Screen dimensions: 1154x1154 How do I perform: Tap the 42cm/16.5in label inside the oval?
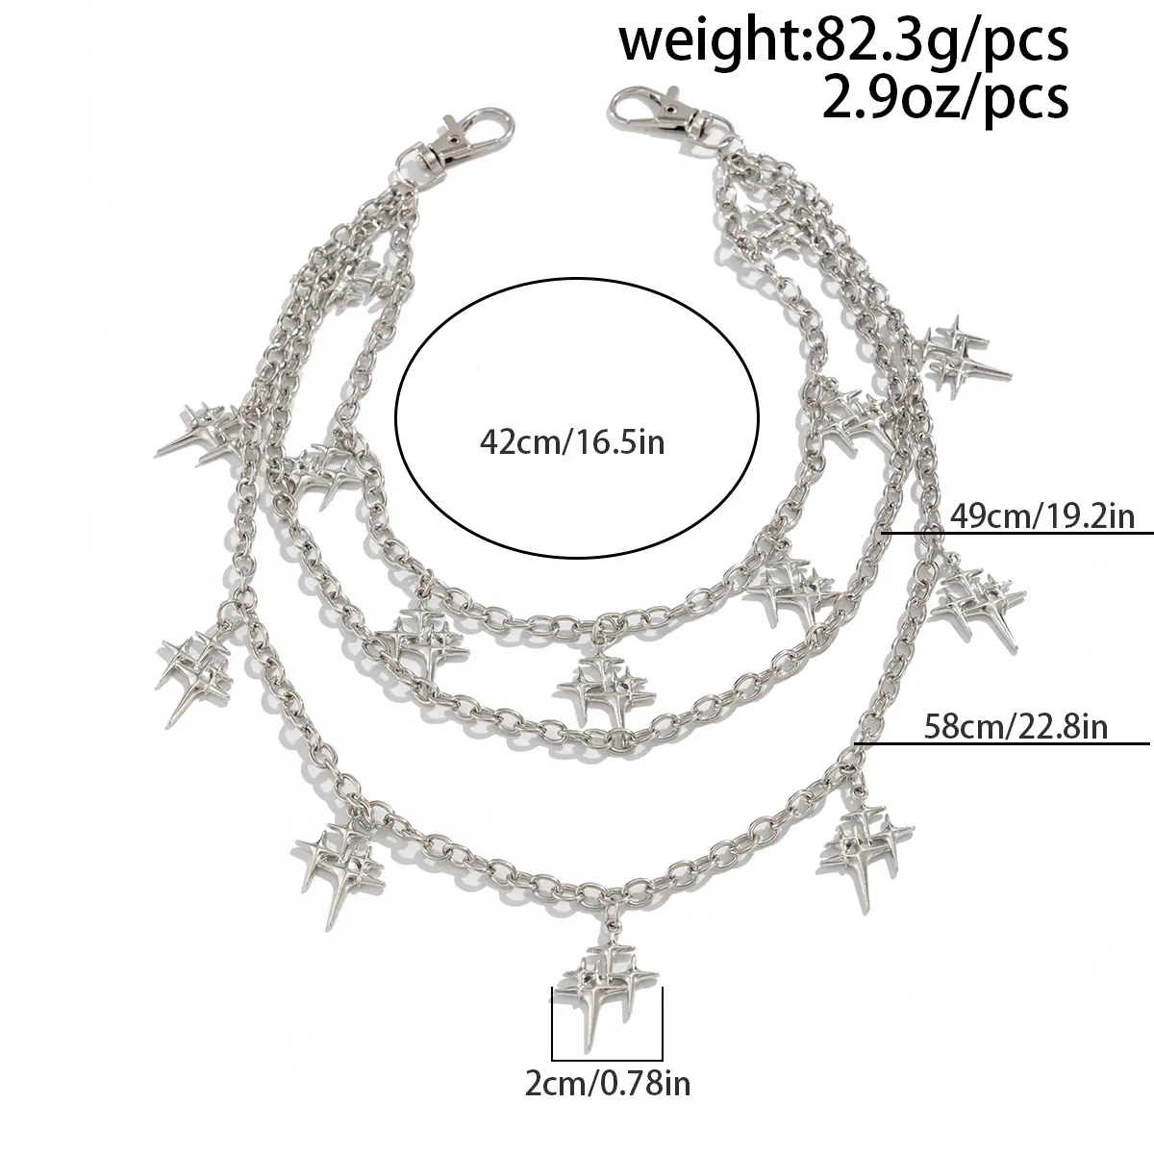pyautogui.click(x=572, y=443)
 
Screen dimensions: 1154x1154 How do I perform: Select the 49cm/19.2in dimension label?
pyautogui.click(x=1042, y=515)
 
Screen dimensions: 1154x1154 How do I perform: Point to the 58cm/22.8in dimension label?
pyautogui.click(x=1016, y=728)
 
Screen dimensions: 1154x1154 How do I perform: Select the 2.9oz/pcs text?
pyautogui.click(x=945, y=99)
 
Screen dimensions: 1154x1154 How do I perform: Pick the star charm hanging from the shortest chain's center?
pyautogui.click(x=605, y=688)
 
